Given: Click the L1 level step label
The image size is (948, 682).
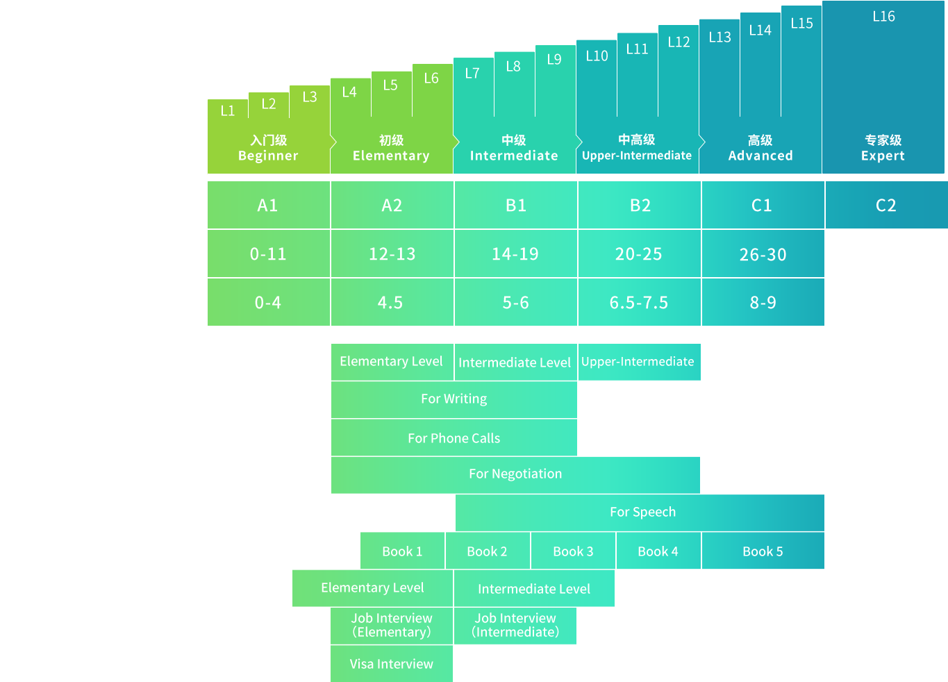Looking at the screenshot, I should tap(228, 110).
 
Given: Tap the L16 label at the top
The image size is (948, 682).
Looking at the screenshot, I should tap(883, 16).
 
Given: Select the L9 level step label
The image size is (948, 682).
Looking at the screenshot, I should tap(554, 60).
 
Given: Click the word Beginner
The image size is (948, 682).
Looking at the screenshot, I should tap(268, 156).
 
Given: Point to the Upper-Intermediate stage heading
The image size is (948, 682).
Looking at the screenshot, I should tap(637, 156).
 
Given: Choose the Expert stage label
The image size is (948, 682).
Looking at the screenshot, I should tap(883, 156).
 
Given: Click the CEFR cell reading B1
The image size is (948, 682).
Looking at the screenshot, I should tap(516, 206).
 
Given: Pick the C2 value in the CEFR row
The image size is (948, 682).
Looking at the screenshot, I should tap(886, 206).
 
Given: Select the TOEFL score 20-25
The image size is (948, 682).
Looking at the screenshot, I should tap(639, 254).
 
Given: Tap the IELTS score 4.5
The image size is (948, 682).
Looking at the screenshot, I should tap(390, 303).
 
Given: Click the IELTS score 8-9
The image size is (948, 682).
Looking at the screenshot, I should tap(763, 303).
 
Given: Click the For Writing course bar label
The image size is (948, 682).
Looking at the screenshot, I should tap(454, 399).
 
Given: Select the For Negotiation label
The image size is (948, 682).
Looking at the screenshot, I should tap(515, 474).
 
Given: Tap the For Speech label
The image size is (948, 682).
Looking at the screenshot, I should tap(642, 512).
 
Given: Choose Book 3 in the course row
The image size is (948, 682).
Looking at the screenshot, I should tap(573, 551).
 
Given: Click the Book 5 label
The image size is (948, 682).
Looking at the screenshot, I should tap(763, 551).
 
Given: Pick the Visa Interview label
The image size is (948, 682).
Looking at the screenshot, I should tap(392, 664).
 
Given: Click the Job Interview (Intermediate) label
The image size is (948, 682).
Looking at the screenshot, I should tap(515, 625).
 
